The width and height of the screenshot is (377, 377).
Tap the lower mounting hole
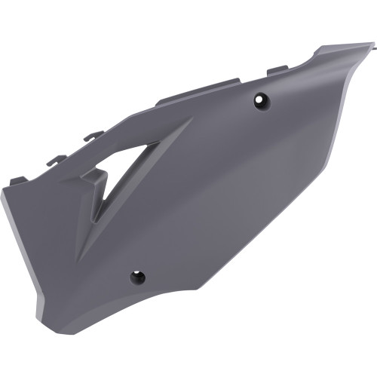tap(138, 276)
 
